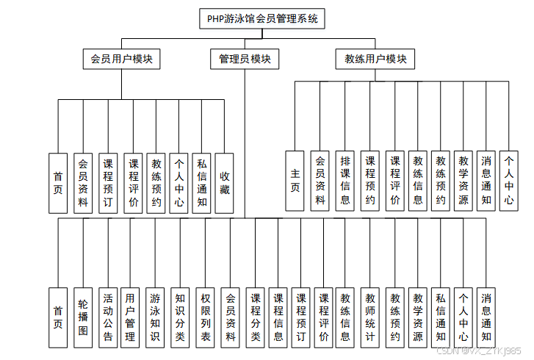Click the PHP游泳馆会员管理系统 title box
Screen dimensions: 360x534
[262, 19]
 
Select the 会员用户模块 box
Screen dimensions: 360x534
[121, 59]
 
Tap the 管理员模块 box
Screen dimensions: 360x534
[245, 59]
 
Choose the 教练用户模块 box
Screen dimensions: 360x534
[375, 59]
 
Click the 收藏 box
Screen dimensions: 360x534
[225, 183]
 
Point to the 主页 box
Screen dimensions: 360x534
[295, 180]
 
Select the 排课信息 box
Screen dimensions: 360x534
[344, 180]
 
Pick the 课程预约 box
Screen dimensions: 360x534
[370, 180]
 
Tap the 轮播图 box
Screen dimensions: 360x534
[83, 317]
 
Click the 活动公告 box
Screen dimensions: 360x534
[107, 317]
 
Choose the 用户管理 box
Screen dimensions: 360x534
[131, 317]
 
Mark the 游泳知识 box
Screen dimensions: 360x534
[155, 317]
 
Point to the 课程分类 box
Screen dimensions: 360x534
[255, 317]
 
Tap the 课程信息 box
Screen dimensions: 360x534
[278, 317]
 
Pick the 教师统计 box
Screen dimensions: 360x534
[370, 317]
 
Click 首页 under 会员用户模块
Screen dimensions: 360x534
[58, 183]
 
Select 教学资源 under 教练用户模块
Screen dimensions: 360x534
[463, 180]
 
